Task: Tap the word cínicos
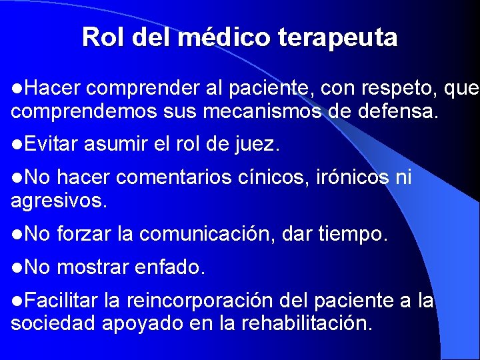tap(280, 178)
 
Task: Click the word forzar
tap(84, 234)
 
